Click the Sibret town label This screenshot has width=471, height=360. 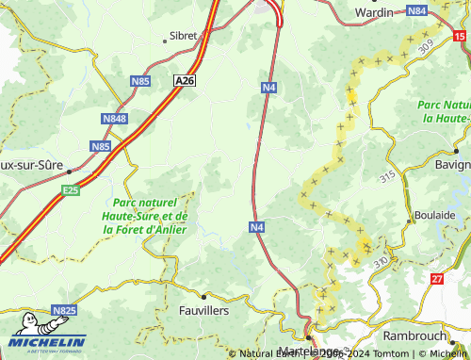(x=184, y=36)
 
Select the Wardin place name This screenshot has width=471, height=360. (x=373, y=12)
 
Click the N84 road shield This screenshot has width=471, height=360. (x=417, y=10)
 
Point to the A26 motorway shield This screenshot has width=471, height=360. (x=186, y=82)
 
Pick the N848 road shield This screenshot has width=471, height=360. (x=114, y=120)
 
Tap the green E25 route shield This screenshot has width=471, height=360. (x=70, y=190)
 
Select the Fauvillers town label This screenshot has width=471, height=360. (x=203, y=309)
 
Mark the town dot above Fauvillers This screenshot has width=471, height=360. (x=203, y=296)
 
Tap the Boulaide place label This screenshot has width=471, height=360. (x=435, y=215)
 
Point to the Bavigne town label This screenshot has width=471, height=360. (x=448, y=165)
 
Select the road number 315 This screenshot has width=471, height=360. (x=387, y=177)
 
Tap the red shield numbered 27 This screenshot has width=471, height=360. (x=436, y=279)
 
